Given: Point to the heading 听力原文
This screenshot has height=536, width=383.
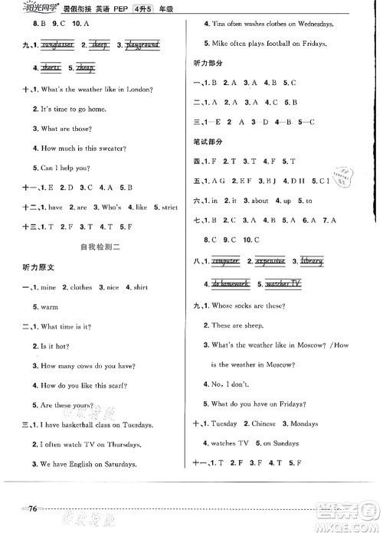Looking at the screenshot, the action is click(x=40, y=266).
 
